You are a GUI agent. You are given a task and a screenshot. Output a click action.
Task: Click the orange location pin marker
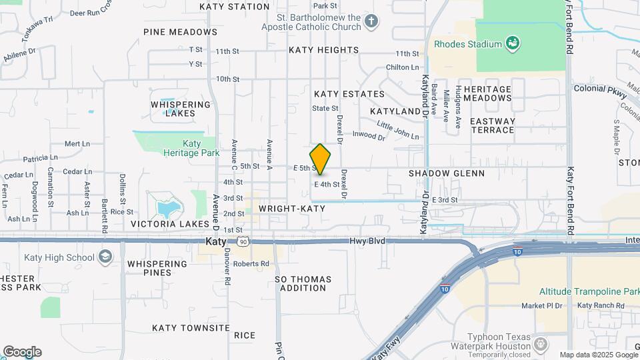pyautogui.click(x=321, y=159)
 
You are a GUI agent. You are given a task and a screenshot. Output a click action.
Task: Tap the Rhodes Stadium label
pyautogui.click(x=467, y=44)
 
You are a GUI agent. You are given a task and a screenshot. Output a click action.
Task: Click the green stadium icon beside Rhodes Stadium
pyautogui.click(x=513, y=44)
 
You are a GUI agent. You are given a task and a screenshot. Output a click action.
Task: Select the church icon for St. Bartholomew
pyautogui.click(x=371, y=22)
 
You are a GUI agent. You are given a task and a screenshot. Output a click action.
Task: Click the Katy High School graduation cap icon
pyautogui.click(x=105, y=257)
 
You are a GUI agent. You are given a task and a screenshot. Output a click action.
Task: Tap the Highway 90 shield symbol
pyautogui.click(x=244, y=241)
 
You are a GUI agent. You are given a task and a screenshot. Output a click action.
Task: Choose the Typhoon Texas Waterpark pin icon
pyautogui.click(x=541, y=344)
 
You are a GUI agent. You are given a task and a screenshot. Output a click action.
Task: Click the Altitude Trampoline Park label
pyautogui.click(x=590, y=292)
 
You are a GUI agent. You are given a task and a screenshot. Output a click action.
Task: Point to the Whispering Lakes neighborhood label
pyautogui.click(x=180, y=109)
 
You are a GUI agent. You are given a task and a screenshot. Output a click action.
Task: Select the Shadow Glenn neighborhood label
pyautogui.click(x=446, y=173)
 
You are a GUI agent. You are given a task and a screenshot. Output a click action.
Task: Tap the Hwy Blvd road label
pyautogui.click(x=367, y=241)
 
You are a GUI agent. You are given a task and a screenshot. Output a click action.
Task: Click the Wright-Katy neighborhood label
pyautogui.click(x=292, y=209)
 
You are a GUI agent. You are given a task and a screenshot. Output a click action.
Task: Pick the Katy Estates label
pyautogui.click(x=349, y=94)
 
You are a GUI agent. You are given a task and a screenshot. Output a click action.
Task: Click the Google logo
pyautogui.click(x=21, y=352)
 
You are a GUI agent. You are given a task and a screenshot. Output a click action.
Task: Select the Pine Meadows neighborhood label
pyautogui.click(x=171, y=31)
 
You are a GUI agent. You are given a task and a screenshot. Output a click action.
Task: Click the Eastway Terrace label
pyautogui.click(x=493, y=125)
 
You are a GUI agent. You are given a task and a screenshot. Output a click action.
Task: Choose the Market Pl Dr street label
pyautogui.click(x=542, y=306)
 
